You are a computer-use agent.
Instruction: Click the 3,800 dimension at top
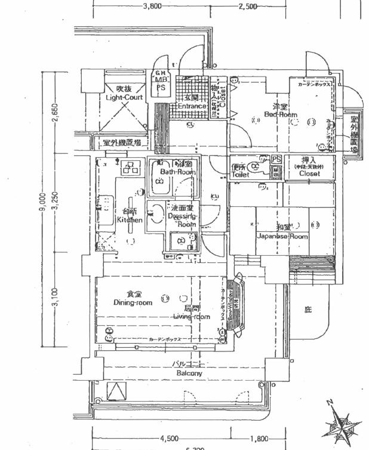(152, 7)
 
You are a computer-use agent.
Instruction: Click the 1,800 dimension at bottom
(260, 439)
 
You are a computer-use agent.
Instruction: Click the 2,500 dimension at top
(247, 7)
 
